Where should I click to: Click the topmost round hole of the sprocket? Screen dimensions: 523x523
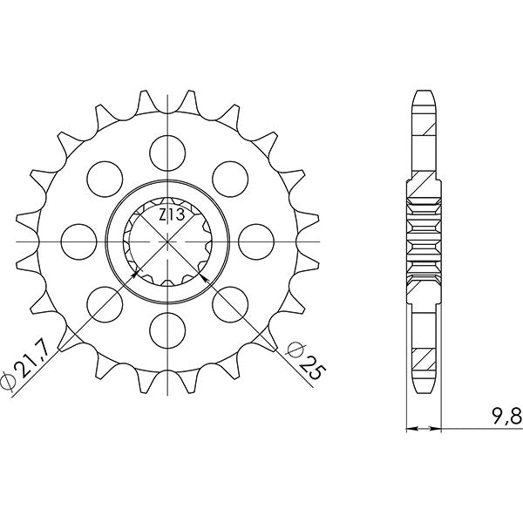tap(166, 151)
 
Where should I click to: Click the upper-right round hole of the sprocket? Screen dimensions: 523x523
tap(228, 177)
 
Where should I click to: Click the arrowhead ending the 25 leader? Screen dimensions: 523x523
tap(202, 276)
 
